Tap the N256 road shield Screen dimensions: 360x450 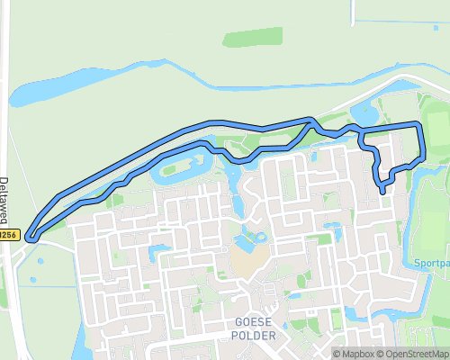8,236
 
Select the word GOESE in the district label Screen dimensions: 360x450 252,322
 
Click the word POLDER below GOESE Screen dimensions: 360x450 252,336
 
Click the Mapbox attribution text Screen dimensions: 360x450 355,354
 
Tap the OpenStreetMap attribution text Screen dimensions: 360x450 411,354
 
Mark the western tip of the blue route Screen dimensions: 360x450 30,238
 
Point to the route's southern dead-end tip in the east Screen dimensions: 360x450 383,191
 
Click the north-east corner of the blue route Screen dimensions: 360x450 418,123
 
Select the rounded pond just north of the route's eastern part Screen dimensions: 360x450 366,112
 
